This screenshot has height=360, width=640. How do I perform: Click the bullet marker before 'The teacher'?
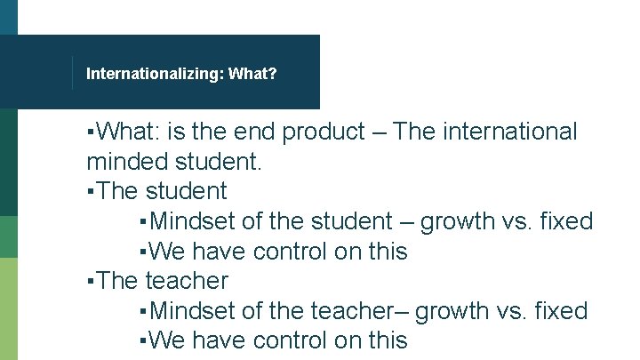[x=92, y=281]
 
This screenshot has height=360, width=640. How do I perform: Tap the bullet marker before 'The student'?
[x=92, y=191]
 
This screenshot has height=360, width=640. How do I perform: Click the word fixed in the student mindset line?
[x=564, y=221]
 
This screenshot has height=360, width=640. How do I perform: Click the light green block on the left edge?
[x=8, y=308]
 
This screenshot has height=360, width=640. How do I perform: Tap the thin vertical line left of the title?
[x=72, y=73]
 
